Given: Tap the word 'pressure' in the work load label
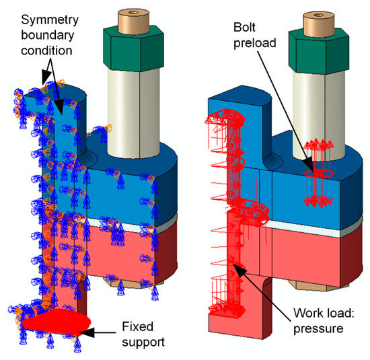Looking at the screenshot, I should [x=313, y=330].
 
